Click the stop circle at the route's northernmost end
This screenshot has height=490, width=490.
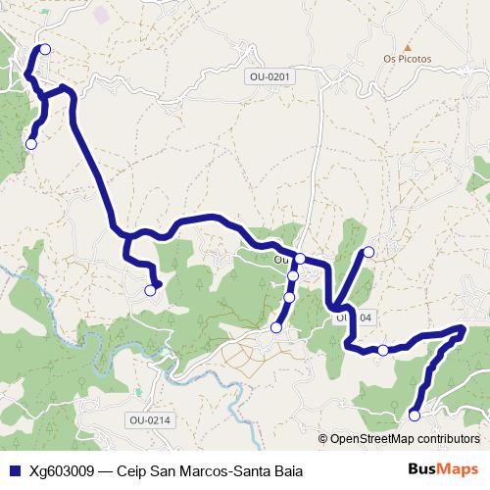point(44,49)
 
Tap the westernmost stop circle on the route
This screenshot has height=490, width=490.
point(30,144)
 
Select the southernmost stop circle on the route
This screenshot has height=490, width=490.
point(414,416)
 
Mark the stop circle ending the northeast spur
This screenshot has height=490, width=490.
point(369,252)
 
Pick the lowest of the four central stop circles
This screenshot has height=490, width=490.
point(276,327)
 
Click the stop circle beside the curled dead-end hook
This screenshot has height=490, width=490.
point(151,290)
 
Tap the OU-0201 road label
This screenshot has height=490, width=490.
point(271,75)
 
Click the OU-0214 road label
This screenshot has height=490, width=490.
point(149,420)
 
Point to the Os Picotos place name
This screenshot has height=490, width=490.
point(407,59)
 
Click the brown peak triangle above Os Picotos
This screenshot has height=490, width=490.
point(408,46)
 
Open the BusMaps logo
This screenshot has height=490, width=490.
point(443,469)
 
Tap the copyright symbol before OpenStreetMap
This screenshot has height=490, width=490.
point(323,439)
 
